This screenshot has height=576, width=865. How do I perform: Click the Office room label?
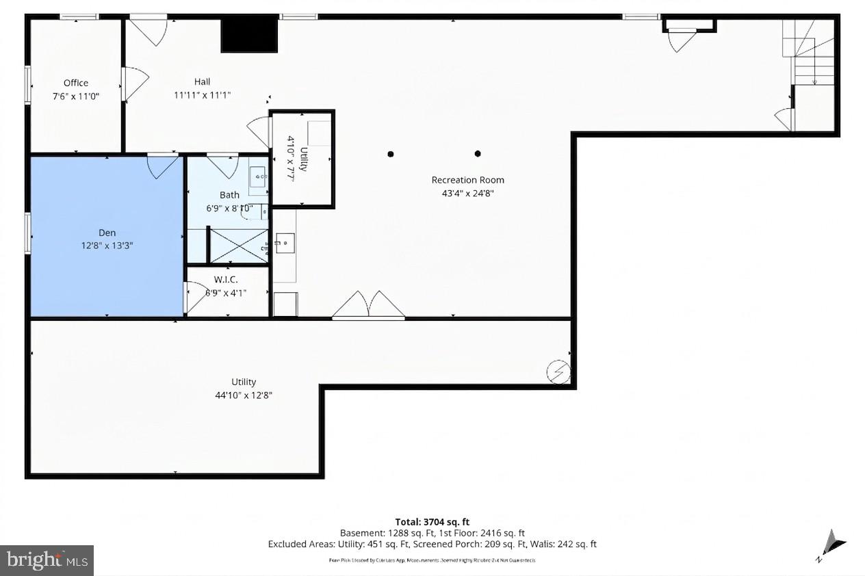[76, 83]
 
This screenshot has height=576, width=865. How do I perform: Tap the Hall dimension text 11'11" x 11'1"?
[202, 96]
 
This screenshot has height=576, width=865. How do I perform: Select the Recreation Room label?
[467, 180]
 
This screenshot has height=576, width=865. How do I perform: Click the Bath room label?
[229, 195]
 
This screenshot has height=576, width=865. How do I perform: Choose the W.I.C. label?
[226, 279]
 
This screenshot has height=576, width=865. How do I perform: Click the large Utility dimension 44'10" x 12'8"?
[244, 395]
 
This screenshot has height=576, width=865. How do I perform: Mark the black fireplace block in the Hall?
[249, 34]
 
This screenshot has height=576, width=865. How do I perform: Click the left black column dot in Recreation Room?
[391, 154]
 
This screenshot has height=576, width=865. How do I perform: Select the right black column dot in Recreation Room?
[478, 154]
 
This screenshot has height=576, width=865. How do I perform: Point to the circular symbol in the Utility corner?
[557, 371]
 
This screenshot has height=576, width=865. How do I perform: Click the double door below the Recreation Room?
[369, 306]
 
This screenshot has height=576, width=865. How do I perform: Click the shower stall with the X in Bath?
[238, 246]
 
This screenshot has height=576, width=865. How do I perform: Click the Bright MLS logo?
[47, 560]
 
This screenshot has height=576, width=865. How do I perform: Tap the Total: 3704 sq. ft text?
[432, 521]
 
